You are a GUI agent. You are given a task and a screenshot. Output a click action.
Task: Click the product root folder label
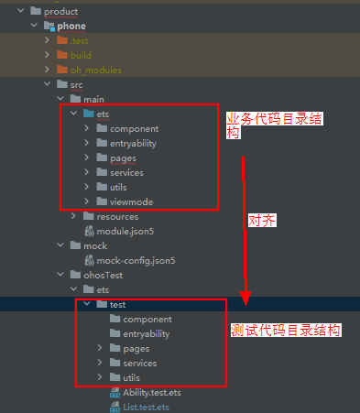(60, 11)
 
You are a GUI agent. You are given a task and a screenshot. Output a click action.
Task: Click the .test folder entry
(79, 40)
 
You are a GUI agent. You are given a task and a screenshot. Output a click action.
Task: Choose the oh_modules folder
(95, 70)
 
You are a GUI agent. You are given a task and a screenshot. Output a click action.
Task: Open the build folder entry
(81, 55)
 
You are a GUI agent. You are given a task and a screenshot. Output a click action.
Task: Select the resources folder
(117, 216)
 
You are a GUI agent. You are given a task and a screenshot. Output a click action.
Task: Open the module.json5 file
(123, 231)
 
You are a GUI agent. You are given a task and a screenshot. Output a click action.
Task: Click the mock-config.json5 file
(136, 260)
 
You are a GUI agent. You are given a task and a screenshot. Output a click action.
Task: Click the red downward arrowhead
(245, 298)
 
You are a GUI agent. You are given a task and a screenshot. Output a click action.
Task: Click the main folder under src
(93, 99)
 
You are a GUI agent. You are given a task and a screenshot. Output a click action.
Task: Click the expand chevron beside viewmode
(86, 201)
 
